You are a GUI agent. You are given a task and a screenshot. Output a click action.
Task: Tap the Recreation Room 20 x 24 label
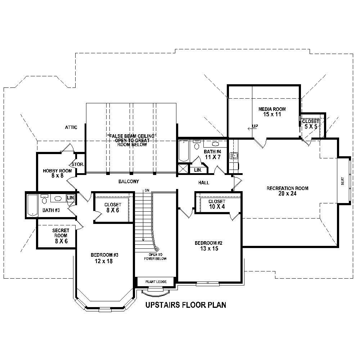point(287,191)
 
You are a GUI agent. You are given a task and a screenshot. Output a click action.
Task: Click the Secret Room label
point(60,236)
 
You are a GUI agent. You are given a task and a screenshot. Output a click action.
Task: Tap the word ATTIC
point(71,127)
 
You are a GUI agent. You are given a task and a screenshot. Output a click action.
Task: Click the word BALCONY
point(129,182)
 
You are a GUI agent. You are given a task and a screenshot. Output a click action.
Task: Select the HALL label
point(203,183)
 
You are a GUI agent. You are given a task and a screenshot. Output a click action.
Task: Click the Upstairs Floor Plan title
point(185,305)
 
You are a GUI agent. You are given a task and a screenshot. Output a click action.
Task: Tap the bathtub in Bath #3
point(32,205)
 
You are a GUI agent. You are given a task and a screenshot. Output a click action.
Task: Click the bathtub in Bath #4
point(183,151)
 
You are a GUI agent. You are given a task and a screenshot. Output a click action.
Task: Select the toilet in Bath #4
point(197,145)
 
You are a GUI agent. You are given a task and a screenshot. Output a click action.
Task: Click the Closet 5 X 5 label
point(310,124)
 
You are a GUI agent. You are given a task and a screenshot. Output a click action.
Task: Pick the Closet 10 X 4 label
point(217,204)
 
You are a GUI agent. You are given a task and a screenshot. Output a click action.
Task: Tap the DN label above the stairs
point(147,190)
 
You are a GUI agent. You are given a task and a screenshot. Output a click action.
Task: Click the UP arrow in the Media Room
point(252,127)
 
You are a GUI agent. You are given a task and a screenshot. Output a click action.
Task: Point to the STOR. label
point(78,165)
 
